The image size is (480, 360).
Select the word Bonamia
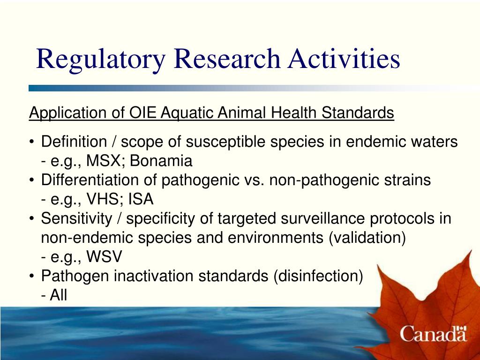click(161, 161)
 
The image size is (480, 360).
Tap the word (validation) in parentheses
click(367, 238)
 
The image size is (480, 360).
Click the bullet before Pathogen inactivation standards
click(31, 277)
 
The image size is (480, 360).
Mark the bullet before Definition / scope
click(31, 142)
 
